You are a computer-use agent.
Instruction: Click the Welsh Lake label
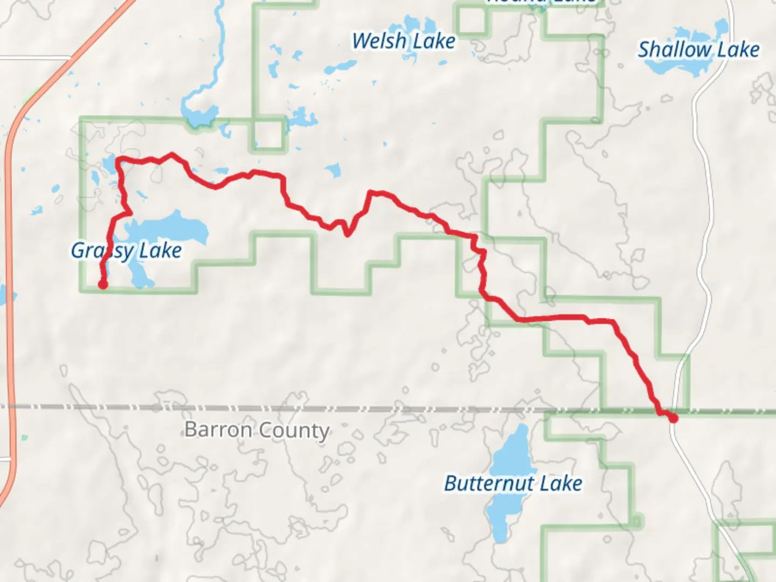click(x=403, y=41)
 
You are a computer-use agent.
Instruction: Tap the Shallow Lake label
click(x=698, y=50)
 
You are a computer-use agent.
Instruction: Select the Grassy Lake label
click(x=126, y=251)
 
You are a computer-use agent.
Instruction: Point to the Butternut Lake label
click(x=512, y=483)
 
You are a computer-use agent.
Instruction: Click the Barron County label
click(x=257, y=430)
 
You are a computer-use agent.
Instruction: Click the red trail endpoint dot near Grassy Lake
click(x=102, y=285)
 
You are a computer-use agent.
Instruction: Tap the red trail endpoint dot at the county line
click(x=673, y=418)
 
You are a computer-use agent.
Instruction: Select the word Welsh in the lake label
click(x=379, y=41)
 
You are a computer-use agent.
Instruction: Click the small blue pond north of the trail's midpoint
click(x=333, y=170)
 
